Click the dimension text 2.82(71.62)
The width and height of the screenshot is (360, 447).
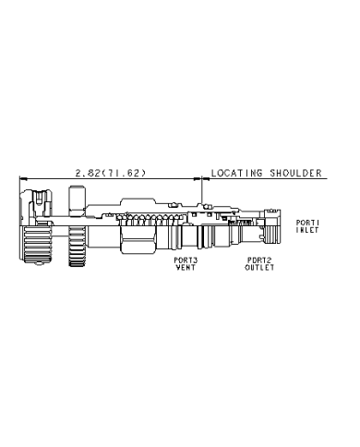pos(111,173)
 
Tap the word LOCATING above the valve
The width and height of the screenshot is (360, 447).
pos(236,173)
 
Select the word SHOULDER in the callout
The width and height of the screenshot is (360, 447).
pos(295,173)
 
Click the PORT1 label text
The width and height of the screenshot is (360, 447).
pos(307,223)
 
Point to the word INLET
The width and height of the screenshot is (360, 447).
pos(307,230)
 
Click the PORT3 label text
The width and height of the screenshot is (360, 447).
pos(186,260)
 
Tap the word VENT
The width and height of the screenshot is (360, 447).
pos(186,268)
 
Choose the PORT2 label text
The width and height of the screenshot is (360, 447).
pos(259,260)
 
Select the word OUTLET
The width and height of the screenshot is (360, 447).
pos(259,268)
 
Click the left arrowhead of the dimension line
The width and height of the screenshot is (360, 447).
pos(23,178)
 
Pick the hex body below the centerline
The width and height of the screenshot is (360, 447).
pos(138,240)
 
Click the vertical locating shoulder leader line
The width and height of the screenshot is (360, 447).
pos(202,190)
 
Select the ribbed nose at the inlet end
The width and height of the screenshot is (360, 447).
pos(272,238)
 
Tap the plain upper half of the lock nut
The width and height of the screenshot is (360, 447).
pos(77,206)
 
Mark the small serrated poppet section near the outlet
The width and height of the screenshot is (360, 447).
pos(240,222)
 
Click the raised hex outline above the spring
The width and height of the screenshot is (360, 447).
pos(138,204)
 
